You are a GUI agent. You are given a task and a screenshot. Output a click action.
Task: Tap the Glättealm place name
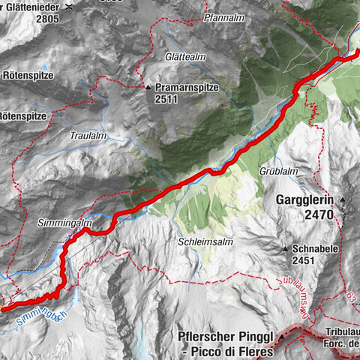point(164,56)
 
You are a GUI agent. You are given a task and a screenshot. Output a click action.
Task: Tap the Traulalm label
point(88,136)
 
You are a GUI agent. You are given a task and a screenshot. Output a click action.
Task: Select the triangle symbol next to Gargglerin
point(343,200)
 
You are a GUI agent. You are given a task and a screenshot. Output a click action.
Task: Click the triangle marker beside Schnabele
point(286,248)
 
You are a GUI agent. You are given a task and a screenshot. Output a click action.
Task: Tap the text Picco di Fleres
point(227,349)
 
